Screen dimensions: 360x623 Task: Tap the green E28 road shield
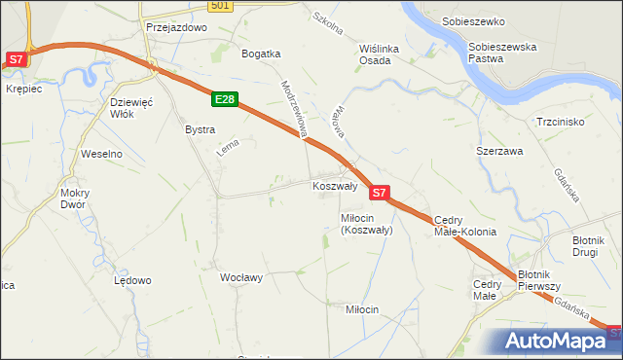pos(224,99)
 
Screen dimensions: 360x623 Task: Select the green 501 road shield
pos(221,6)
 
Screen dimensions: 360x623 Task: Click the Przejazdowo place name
pos(177,28)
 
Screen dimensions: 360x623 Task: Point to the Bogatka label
pos(261,54)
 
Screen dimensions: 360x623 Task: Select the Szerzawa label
pos(499,152)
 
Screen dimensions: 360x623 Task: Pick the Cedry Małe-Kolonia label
pos(465,226)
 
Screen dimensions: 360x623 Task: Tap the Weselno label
pos(101,154)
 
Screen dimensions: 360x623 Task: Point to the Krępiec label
pos(22,89)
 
